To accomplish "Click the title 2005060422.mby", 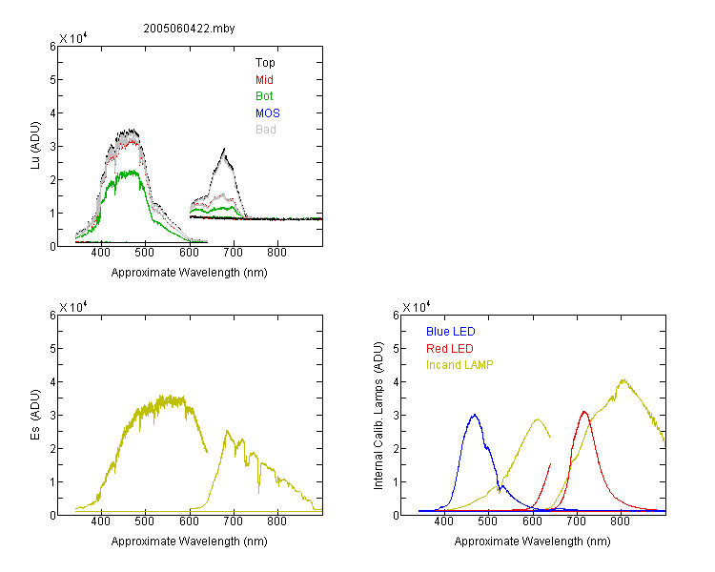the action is [x=189, y=29].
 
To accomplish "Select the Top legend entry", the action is [x=265, y=63].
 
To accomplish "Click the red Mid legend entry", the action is [x=264, y=80].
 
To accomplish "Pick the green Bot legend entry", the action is [x=264, y=96].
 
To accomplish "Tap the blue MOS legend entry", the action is [x=268, y=113].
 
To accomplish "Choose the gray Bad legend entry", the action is [x=266, y=130].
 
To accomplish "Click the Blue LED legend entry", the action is [x=451, y=332].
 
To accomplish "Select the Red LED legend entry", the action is [x=450, y=349].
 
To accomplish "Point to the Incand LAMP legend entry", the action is [x=460, y=365].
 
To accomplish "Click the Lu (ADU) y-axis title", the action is [x=35, y=146].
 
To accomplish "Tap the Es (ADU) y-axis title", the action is [x=35, y=415].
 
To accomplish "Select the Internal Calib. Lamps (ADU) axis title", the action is [x=378, y=416].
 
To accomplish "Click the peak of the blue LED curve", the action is [x=475, y=415].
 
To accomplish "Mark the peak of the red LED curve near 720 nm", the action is [x=584, y=412].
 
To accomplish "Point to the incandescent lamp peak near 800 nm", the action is [x=623, y=379].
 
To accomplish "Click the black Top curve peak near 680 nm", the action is [x=224, y=149].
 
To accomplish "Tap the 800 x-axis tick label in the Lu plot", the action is [x=276, y=253].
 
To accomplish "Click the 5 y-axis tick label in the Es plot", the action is [x=52, y=349].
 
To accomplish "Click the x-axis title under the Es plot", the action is [x=190, y=541].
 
